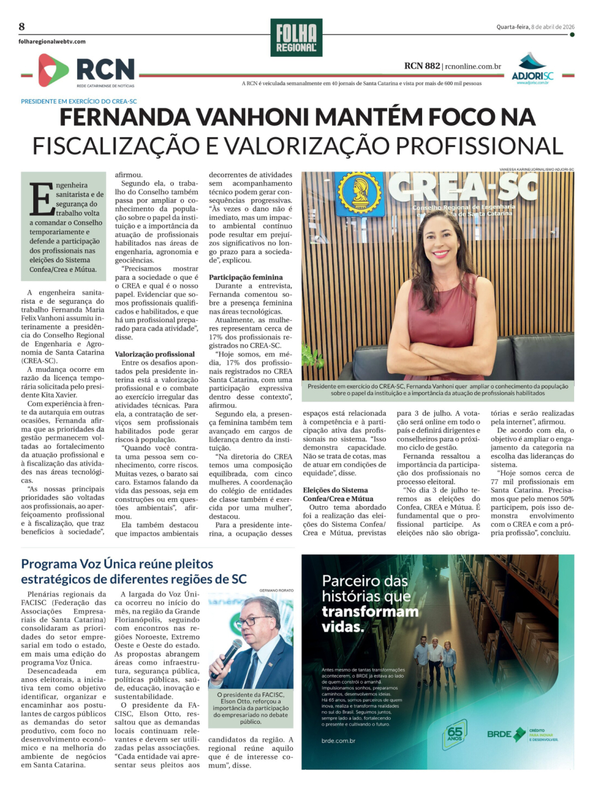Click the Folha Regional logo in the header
click(296, 38)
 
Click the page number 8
click(22, 27)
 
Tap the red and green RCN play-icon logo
click(53, 70)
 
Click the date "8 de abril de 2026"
click(553, 27)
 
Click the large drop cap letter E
click(42, 200)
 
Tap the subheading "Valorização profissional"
click(155, 354)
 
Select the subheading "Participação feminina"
click(246, 277)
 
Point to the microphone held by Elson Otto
click(226, 656)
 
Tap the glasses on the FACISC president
click(254, 622)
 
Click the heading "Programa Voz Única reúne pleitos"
click(117, 564)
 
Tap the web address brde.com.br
click(338, 740)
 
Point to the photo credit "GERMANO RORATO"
click(276, 590)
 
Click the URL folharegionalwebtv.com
click(52, 42)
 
